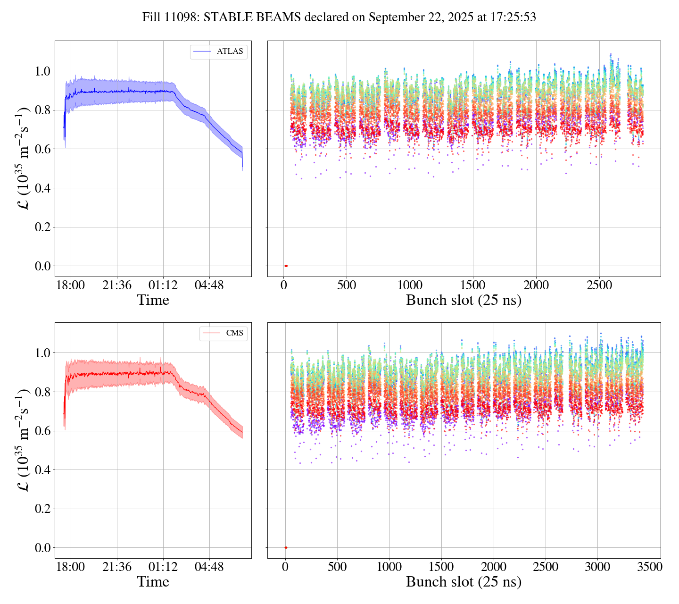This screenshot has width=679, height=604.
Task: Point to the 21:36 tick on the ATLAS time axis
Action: [x=117, y=285]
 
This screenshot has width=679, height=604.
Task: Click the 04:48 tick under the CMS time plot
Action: [x=209, y=567]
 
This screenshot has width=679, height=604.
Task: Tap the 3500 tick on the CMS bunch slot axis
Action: [x=649, y=567]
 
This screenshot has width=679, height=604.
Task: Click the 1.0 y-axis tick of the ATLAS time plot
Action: [x=42, y=71]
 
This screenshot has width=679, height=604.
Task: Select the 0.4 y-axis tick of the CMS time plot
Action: [x=42, y=470]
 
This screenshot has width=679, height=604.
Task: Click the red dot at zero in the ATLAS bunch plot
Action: [x=286, y=266]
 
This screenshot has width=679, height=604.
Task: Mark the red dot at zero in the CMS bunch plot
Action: [x=286, y=547]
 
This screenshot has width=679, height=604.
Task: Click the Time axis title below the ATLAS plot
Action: [x=153, y=301]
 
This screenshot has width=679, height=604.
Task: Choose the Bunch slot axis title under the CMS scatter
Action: [x=464, y=582]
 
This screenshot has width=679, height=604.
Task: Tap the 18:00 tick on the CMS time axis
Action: [x=71, y=567]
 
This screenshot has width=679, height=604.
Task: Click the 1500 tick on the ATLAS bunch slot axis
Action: [x=472, y=285]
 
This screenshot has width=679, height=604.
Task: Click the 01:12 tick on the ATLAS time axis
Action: [x=163, y=285]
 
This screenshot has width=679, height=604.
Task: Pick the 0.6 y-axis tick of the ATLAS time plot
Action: [x=42, y=149]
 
